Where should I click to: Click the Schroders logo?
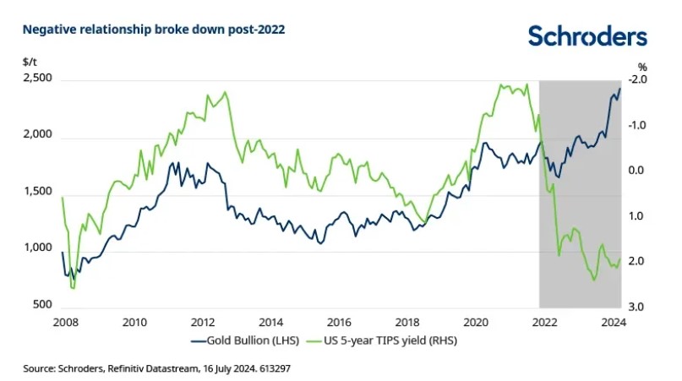coord(587,35)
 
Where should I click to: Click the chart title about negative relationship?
coord(154,29)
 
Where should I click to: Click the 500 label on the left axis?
coord(41,306)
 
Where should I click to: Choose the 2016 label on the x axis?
coord(337,322)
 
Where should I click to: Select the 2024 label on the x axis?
coord(612,322)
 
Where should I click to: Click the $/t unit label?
coord(30,63)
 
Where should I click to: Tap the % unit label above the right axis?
coord(642,66)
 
